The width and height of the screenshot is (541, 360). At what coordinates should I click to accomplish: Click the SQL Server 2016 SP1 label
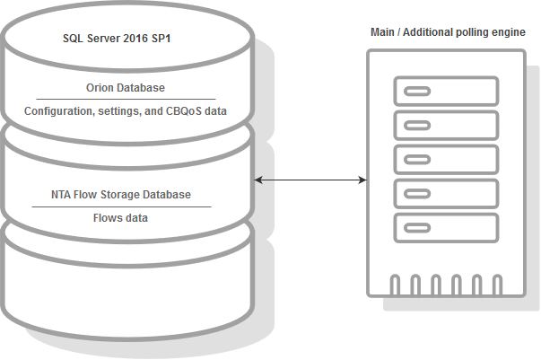[117, 39]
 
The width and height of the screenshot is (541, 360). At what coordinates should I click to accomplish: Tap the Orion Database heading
[126, 88]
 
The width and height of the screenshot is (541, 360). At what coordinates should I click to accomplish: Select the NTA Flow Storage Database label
[121, 195]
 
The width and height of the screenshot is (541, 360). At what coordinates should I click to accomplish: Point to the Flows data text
[120, 218]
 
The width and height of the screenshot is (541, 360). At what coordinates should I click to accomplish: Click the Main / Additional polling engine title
[448, 32]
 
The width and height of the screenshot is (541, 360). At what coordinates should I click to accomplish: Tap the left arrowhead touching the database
[258, 180]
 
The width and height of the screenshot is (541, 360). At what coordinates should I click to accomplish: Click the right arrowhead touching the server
[362, 180]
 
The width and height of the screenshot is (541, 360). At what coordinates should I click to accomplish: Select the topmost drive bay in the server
[446, 91]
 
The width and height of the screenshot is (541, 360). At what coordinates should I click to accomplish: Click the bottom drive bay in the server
[446, 228]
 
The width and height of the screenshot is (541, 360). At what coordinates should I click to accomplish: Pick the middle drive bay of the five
[446, 160]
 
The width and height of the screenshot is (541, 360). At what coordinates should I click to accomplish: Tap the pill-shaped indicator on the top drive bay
[417, 91]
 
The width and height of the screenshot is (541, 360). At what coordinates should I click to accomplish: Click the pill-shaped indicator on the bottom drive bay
[417, 228]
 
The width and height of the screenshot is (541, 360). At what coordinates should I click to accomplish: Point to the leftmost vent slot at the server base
[395, 285]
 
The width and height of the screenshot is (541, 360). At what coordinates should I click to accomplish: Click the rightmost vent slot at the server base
[498, 285]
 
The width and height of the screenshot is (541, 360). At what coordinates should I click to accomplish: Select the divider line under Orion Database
[126, 100]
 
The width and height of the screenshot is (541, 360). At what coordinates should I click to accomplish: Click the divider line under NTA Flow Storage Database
[121, 207]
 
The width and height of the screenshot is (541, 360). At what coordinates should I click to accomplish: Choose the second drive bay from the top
[446, 126]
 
